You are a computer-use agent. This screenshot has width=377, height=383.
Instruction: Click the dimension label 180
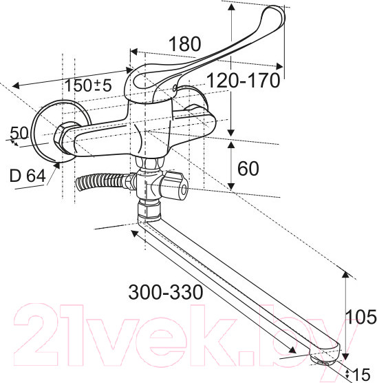[185, 44]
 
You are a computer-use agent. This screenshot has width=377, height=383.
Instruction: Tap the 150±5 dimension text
[88, 85]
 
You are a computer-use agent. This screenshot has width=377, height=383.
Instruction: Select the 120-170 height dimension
[244, 81]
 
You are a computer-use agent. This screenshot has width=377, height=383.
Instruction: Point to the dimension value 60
[248, 169]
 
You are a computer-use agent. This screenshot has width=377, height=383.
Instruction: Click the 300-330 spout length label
[166, 292]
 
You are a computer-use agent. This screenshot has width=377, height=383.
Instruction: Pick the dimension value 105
[361, 317]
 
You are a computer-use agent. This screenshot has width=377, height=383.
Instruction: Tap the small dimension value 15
[361, 374]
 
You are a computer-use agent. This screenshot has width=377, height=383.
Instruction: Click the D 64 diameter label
[28, 176]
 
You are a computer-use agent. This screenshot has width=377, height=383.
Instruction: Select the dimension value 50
[19, 134]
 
